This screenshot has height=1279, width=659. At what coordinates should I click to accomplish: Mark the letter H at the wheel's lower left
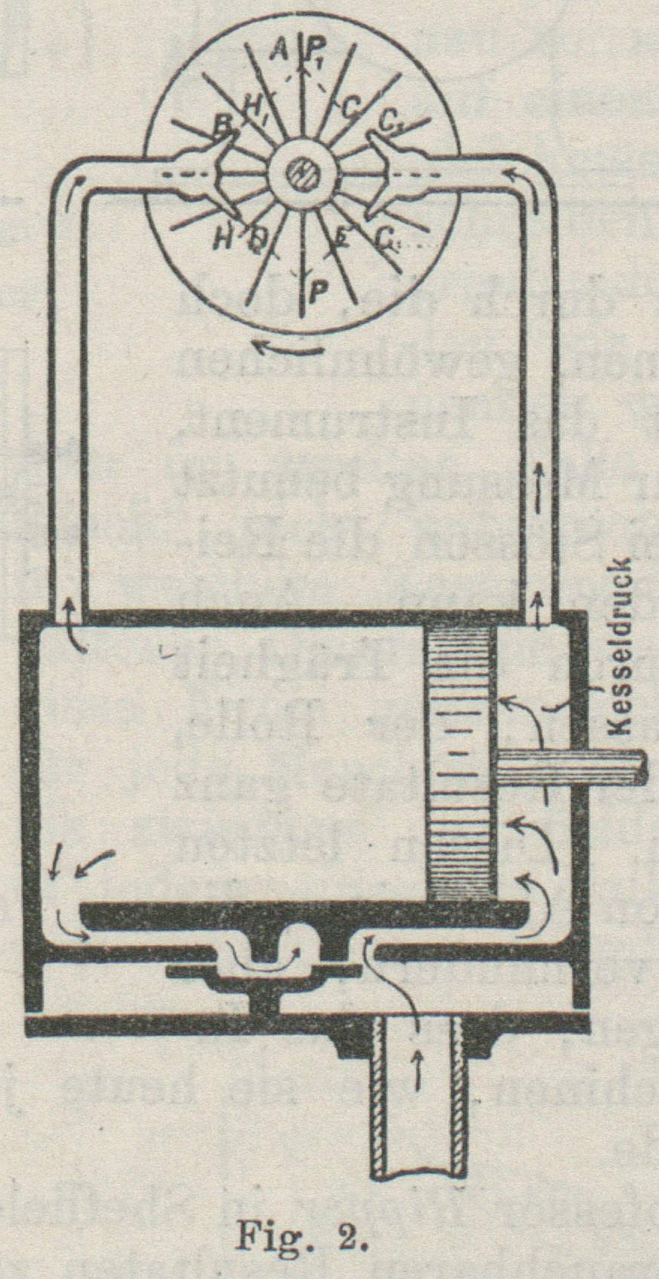pos(223,239)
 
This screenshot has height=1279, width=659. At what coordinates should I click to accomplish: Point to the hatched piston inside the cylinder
pos(460,761)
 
